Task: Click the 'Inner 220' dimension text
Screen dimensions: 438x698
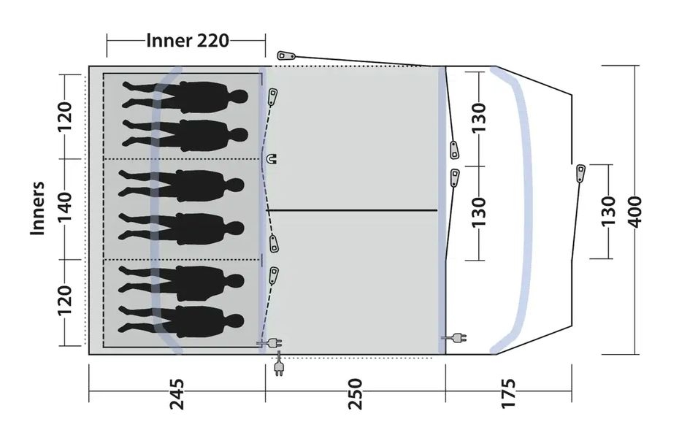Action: (x=187, y=40)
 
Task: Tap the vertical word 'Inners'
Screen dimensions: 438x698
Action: (x=38, y=208)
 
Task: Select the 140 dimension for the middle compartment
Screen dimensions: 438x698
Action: (x=65, y=208)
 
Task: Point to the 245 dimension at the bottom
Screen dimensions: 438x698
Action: (x=176, y=393)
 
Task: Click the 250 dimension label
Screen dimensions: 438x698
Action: (x=355, y=393)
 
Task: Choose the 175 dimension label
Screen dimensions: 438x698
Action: (x=508, y=393)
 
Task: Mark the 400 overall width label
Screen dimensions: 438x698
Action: (x=634, y=211)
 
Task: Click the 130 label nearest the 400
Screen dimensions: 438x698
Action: (x=608, y=211)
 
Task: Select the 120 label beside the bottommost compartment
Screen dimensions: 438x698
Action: (x=65, y=301)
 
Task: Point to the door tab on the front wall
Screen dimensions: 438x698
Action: (x=580, y=172)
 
